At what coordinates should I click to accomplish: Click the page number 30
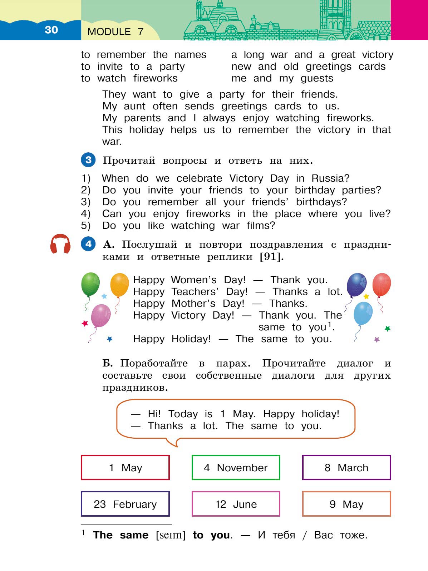[51, 30]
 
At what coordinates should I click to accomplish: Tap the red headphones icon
[60, 244]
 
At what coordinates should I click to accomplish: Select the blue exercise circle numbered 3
[88, 160]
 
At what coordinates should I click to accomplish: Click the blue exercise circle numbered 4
[88, 244]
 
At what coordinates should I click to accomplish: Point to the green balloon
[90, 284]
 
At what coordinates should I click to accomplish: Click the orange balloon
[119, 285]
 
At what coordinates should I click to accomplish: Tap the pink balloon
[101, 315]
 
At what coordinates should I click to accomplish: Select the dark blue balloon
[356, 285]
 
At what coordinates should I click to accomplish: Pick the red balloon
[382, 284]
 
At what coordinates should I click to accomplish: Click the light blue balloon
[363, 313]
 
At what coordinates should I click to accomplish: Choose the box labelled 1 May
[125, 467]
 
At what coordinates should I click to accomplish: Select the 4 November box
[236, 467]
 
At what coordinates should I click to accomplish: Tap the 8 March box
[346, 467]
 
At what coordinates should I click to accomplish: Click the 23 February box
[125, 504]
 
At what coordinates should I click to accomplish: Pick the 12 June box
[236, 504]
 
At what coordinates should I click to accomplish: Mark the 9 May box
[346, 504]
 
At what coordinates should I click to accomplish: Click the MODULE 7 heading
[115, 32]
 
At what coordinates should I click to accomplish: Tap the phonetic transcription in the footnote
[171, 535]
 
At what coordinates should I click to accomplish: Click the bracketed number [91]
[271, 257]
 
